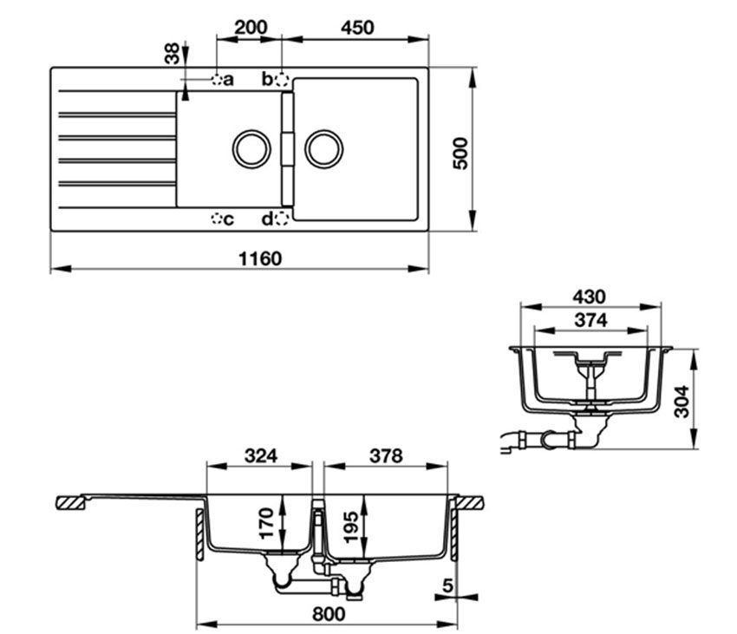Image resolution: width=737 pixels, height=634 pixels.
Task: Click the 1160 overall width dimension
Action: coord(258,258)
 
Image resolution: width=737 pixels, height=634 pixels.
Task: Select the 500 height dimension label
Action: coord(460,153)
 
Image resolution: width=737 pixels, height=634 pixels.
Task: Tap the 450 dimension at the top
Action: coord(356,27)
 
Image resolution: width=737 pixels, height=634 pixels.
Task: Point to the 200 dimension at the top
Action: coord(251,27)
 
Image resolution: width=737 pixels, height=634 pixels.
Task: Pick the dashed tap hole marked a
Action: coord(218,80)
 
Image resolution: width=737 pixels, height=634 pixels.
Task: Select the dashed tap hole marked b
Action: coord(280,80)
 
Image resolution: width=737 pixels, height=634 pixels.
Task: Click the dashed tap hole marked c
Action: coord(217,219)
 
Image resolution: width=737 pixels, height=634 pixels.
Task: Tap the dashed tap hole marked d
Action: coord(280,219)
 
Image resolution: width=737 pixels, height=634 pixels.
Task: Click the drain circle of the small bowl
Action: coord(251,149)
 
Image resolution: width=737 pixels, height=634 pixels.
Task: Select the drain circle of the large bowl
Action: coord(323,149)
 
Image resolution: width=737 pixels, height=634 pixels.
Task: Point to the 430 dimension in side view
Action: coord(589,297)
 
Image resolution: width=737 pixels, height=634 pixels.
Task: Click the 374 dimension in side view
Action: coord(590,319)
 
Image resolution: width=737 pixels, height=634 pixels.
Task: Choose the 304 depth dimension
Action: coord(682,401)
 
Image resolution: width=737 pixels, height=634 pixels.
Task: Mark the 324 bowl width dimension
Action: coord(261,456)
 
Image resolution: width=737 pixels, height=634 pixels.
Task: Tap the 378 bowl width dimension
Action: coord(385,456)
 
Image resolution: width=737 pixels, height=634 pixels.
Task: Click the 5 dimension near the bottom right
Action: coord(447,586)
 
